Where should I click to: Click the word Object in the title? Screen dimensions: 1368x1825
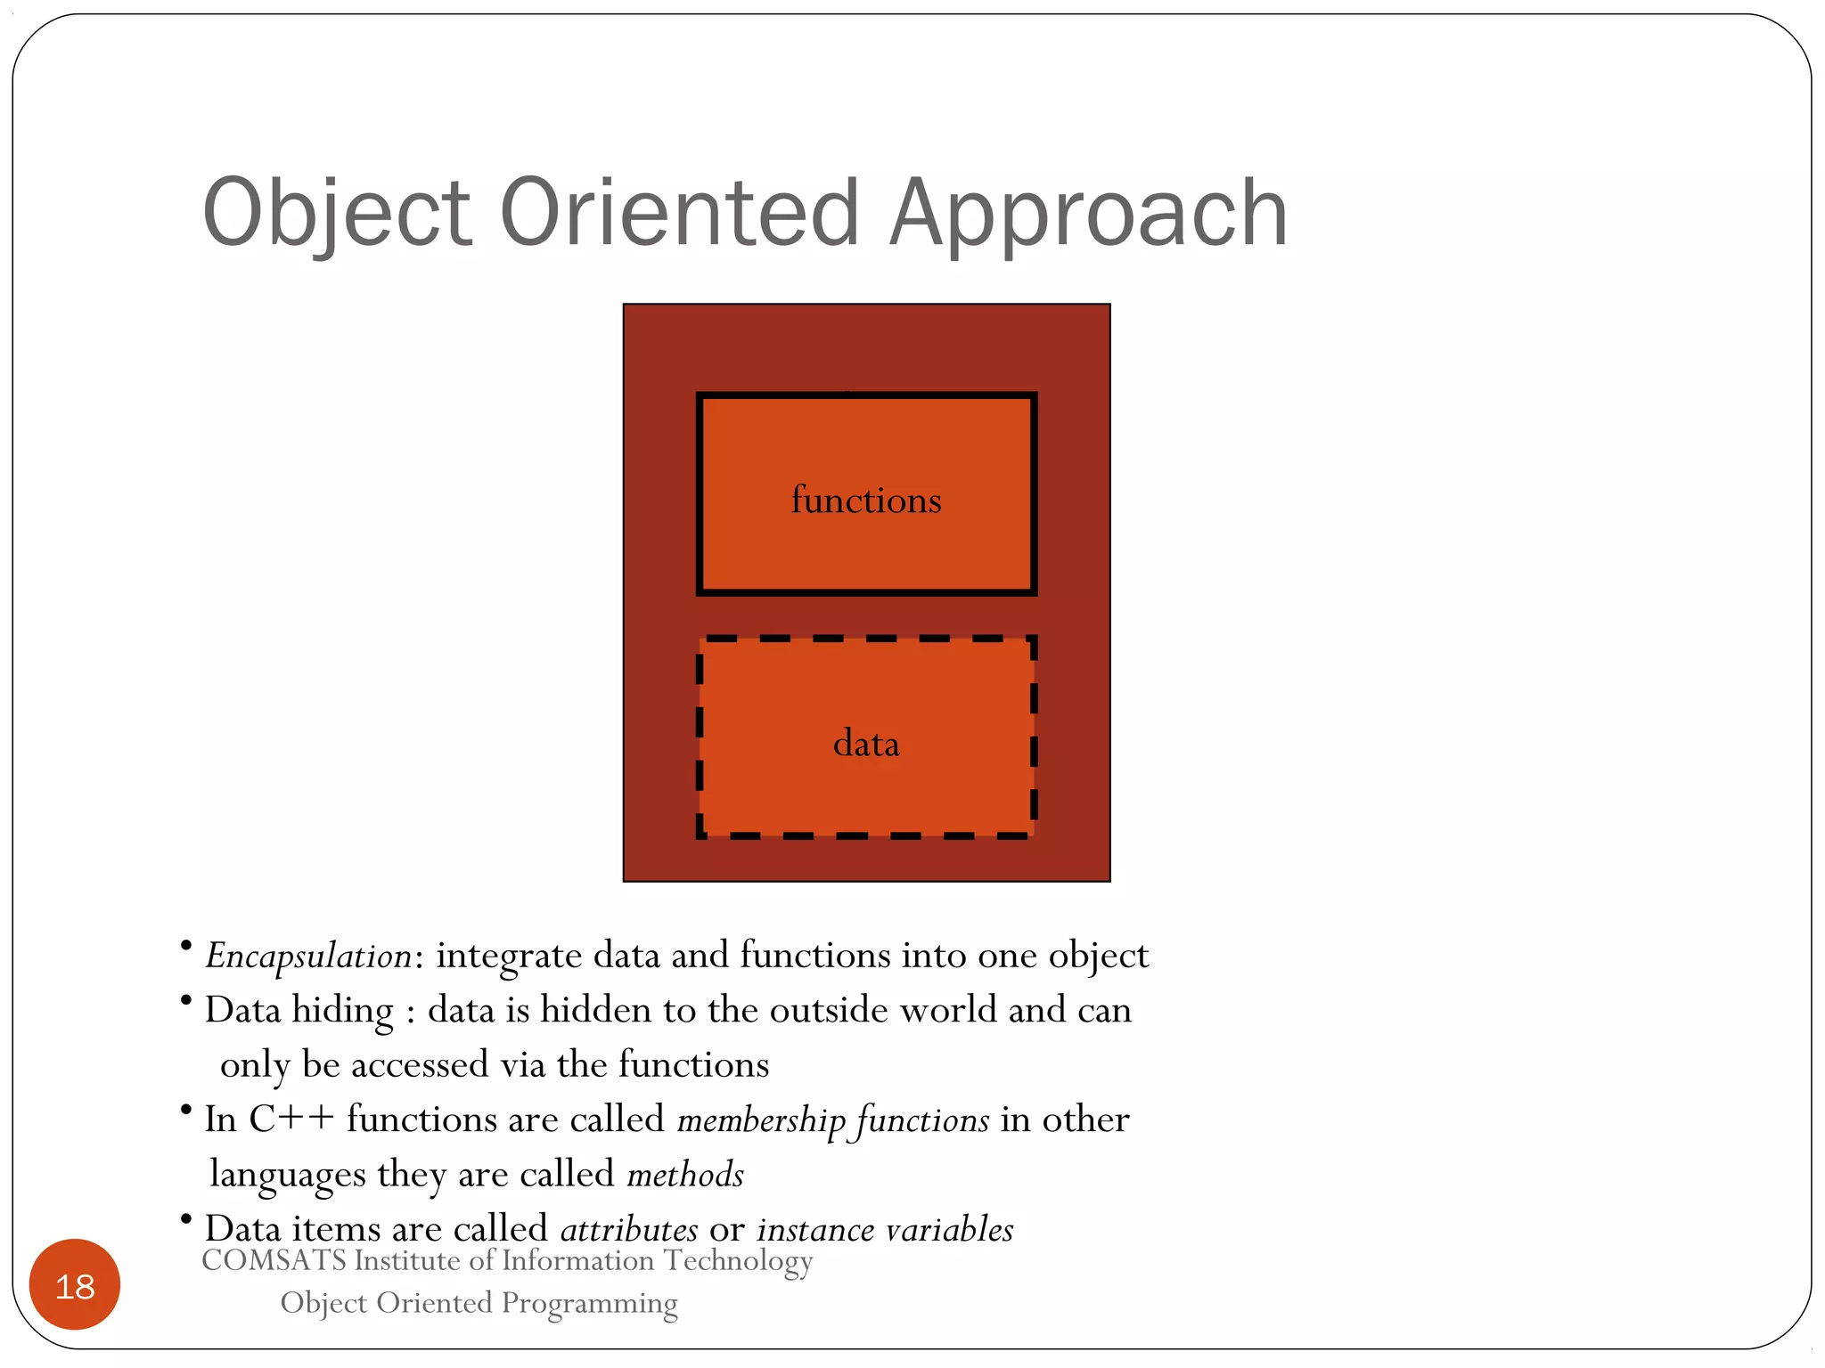point(336,214)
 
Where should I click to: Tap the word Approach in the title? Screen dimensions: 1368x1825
point(1088,214)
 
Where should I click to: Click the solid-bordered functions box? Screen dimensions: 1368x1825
point(866,445)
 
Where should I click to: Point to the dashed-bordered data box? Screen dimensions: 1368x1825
point(866,793)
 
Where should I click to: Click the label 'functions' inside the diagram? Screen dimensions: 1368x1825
point(866,500)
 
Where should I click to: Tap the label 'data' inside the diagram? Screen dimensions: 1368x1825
point(866,744)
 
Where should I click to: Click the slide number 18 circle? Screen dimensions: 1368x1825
point(75,1285)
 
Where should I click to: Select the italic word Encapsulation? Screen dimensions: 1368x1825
point(308,957)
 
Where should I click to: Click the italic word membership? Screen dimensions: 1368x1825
point(761,1120)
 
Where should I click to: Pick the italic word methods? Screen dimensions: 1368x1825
point(685,1175)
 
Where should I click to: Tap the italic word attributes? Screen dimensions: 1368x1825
point(629,1230)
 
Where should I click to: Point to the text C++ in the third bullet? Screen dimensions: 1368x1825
point(291,1120)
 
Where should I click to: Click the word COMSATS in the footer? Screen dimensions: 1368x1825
point(274,1260)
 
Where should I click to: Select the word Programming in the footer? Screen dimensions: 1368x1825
point(589,1303)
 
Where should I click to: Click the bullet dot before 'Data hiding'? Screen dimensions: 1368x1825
point(185,1001)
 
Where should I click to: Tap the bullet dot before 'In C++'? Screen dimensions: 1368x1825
point(185,1110)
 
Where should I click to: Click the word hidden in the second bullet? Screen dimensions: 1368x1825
point(595,1010)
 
